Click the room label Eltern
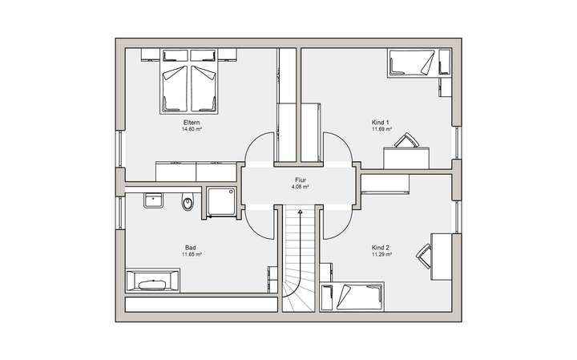click(191, 122)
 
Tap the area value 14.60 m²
click(191, 128)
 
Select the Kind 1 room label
click(381, 122)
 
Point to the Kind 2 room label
click(381, 248)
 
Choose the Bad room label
click(191, 248)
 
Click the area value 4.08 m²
click(300, 188)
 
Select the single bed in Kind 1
click(410, 63)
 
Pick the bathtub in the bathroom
click(152, 283)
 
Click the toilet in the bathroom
click(188, 204)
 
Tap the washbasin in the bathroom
click(154, 200)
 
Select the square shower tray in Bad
click(220, 203)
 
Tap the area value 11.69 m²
click(381, 128)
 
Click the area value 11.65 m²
click(191, 254)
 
